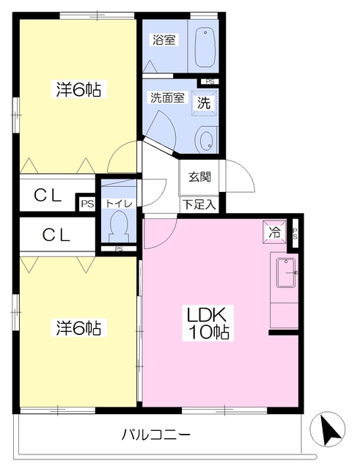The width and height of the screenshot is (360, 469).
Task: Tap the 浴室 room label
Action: tap(164, 40)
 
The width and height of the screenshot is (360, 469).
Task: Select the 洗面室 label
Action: tap(167, 97)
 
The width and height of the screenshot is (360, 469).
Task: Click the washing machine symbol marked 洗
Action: tap(204, 103)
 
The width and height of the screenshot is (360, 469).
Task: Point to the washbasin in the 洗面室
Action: tap(206, 140)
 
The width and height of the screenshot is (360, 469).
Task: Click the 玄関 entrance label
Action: tap(199, 177)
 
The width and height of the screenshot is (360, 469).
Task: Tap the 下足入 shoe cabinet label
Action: tap(199, 204)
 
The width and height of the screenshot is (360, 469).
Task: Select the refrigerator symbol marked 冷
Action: tap(274, 232)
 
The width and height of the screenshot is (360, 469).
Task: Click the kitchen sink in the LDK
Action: tap(287, 273)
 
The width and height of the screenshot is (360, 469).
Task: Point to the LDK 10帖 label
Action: tap(207, 323)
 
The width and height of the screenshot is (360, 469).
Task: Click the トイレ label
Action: tap(119, 204)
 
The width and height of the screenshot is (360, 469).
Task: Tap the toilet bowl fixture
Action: tap(119, 226)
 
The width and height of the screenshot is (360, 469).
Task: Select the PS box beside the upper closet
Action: tap(87, 204)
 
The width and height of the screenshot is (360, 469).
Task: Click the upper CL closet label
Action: tap(48, 196)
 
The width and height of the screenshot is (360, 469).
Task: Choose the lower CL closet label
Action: tap(56, 234)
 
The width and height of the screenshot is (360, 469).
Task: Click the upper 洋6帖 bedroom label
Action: tap(78, 89)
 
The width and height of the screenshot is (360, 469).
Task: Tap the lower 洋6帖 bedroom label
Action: tap(78, 328)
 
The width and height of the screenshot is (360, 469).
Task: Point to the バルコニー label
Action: tap(156, 435)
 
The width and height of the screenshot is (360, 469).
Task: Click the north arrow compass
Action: tap(328, 429)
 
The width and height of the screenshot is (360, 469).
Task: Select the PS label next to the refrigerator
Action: tap(295, 234)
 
